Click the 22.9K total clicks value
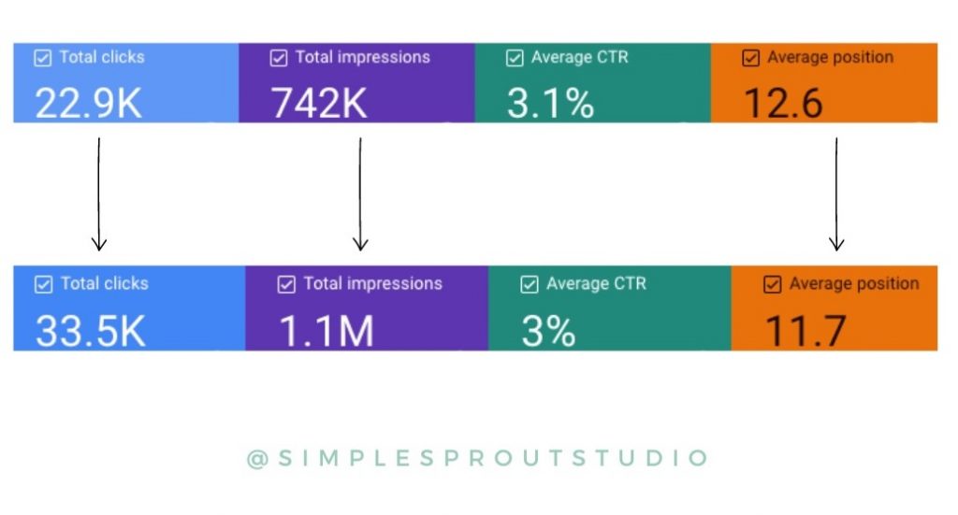tap(88, 103)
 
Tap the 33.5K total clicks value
tap(90, 330)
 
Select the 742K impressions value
tap(319, 103)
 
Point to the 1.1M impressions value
tap(327, 330)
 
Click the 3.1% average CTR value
tap(550, 103)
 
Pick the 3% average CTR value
tap(548, 330)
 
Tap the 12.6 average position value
tap(783, 103)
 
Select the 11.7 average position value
tap(806, 330)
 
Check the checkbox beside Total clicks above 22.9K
tap(42, 58)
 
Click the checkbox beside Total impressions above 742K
tap(279, 58)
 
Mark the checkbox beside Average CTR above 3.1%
tap(515, 58)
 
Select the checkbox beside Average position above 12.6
tap(750, 58)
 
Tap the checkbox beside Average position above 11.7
tap(772, 284)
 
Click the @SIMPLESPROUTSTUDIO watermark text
tap(478, 458)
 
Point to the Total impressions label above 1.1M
tap(372, 283)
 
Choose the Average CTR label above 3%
tap(596, 283)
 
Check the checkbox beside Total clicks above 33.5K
tap(43, 284)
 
